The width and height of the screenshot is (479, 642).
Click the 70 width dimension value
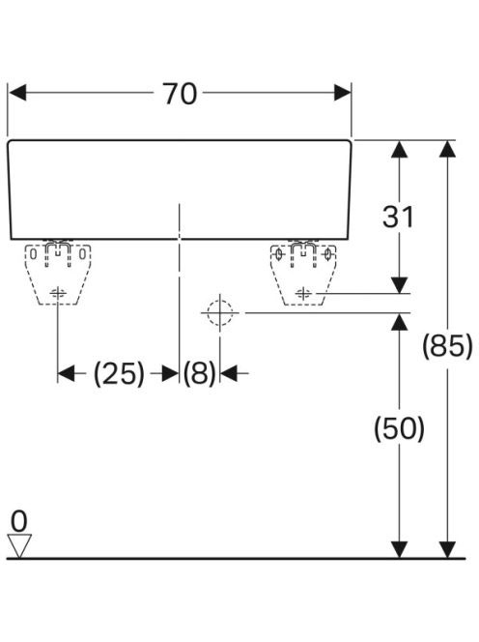coord(180,94)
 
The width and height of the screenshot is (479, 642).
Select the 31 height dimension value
coord(398,217)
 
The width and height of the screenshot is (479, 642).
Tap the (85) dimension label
coord(447,345)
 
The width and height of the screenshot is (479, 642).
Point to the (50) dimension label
coord(399,428)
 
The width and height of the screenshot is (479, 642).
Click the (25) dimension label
coord(119,373)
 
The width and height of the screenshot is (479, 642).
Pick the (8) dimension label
coord(199,373)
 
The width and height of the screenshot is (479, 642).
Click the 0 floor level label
coord(18,521)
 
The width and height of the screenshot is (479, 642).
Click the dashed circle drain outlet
coord(219,312)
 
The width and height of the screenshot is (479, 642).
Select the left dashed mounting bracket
coord(58,274)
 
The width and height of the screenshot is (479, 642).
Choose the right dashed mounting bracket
coord(303,274)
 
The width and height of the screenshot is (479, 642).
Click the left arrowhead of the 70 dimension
coord(17,93)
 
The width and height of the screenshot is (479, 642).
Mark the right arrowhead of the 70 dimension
coord(343,93)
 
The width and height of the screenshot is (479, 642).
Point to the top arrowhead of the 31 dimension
coord(399,149)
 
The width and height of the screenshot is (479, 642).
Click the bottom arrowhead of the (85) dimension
coord(447,549)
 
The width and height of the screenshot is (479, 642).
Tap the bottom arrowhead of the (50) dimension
coord(399,549)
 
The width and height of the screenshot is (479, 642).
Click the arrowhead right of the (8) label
coord(229,373)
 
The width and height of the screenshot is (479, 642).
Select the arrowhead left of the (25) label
coord(67,373)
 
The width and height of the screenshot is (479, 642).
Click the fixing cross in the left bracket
coord(58,293)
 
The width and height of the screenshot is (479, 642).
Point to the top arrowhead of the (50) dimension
coord(399,322)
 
